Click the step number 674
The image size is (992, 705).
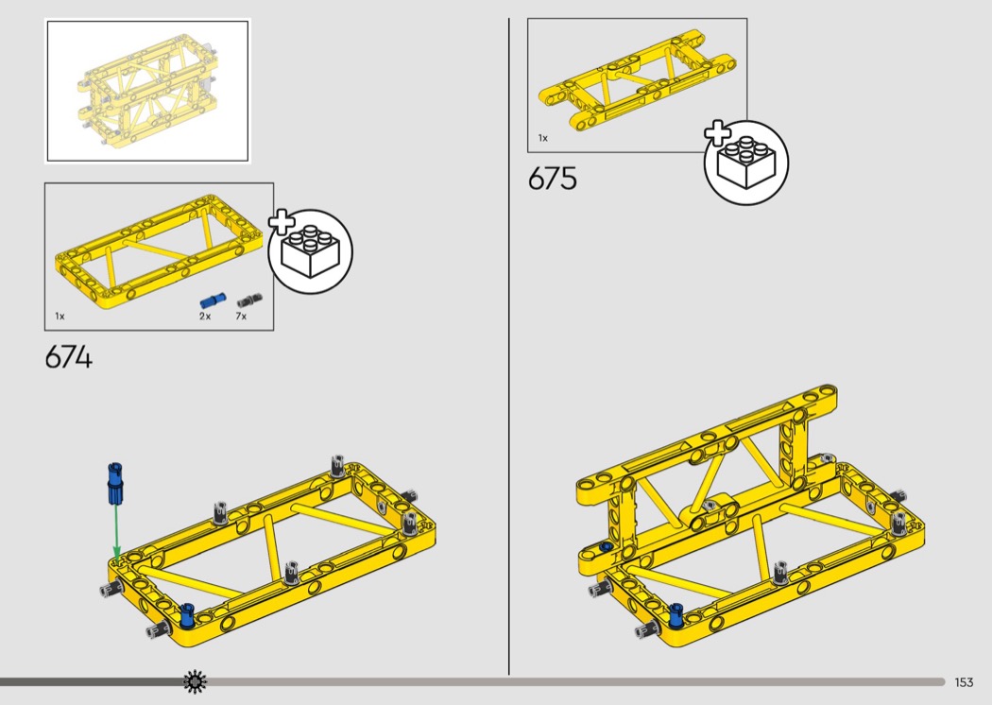68,357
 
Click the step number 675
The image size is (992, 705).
553,179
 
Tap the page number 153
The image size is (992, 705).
964,682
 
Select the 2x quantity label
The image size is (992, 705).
205,316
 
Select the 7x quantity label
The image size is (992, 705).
241,316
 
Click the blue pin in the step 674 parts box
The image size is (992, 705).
213,301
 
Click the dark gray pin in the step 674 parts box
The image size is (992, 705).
250,300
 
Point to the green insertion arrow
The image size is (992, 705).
116,532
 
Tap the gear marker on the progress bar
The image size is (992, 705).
195,681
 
